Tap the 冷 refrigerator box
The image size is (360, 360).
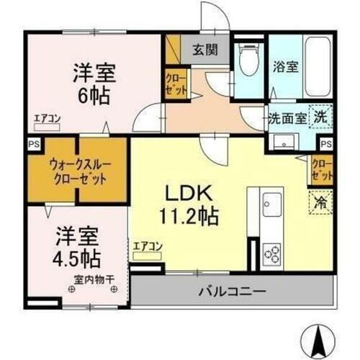320,202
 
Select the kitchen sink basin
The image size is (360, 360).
273,204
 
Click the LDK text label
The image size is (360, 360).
189,194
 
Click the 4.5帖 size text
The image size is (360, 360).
76,256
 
